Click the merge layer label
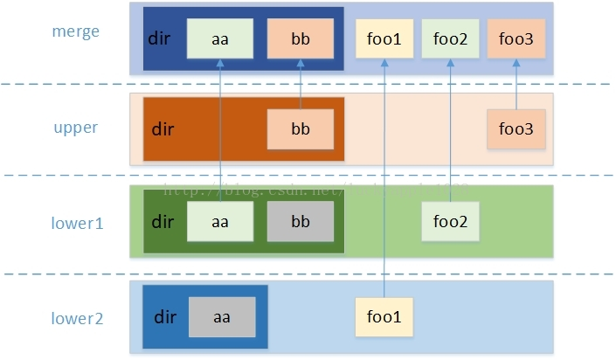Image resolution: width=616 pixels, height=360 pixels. click(76, 31)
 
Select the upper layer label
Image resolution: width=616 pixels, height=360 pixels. click(75, 128)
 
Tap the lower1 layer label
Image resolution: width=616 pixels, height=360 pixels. click(76, 223)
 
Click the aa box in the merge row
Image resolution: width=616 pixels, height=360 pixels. click(220, 38)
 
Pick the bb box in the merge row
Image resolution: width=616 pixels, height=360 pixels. click(301, 38)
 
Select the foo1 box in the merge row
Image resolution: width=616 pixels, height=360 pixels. click(384, 38)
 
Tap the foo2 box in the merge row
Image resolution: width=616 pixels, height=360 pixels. click(450, 38)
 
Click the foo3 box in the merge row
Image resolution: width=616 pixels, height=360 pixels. click(516, 38)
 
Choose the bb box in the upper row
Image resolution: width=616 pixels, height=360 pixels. click(301, 129)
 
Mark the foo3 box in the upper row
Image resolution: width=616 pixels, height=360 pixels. click(516, 129)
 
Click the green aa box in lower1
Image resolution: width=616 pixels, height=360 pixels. click(220, 222)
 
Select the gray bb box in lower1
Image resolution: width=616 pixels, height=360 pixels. click(301, 222)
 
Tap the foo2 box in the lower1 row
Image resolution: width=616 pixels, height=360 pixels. click(450, 222)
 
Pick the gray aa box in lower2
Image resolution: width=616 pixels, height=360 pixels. click(222, 317)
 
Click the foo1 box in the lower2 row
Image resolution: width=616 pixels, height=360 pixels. click(384, 317)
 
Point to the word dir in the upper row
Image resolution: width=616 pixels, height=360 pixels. click(163, 130)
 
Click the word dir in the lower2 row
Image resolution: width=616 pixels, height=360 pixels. click(166, 317)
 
